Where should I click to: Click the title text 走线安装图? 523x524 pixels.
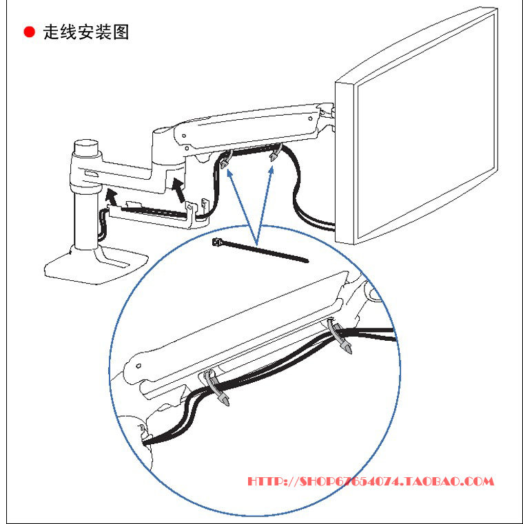[86, 32]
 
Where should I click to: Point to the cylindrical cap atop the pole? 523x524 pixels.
[87, 147]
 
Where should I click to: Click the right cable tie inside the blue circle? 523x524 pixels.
[342, 338]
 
